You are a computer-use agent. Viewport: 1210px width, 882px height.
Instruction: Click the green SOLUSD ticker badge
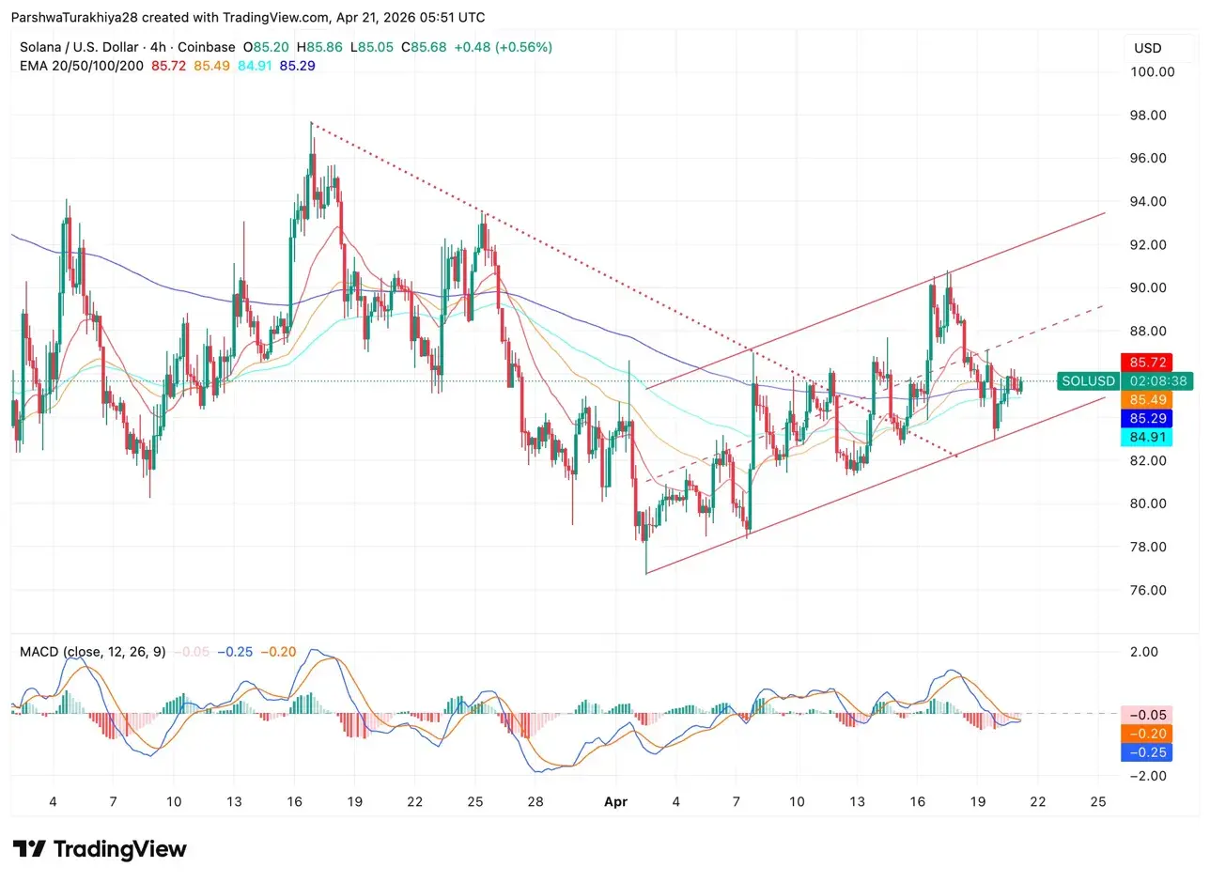click(x=1088, y=381)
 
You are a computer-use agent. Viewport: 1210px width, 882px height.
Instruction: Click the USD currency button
click(x=1147, y=48)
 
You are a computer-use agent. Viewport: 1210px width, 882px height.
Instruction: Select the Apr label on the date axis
click(x=615, y=801)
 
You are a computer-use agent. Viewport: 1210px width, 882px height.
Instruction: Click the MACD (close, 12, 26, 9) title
click(x=92, y=652)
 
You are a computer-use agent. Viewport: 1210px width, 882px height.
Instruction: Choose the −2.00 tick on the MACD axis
click(x=1143, y=776)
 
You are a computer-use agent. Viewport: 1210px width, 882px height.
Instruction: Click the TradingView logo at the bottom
click(x=100, y=849)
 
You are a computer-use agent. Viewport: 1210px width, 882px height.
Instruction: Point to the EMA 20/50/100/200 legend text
click(x=82, y=66)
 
